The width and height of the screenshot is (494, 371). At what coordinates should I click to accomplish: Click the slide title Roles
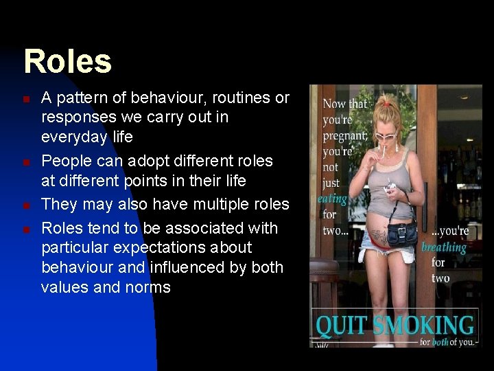tap(67, 61)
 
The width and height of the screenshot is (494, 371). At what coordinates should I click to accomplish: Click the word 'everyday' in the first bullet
tap(71, 137)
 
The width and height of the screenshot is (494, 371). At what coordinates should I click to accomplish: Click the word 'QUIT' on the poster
tap(340, 325)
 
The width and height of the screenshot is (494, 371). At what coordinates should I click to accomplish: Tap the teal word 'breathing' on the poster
tap(444, 247)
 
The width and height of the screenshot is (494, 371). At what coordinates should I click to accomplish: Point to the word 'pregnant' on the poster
tap(344, 135)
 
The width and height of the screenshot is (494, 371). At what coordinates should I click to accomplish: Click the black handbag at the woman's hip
tap(402, 233)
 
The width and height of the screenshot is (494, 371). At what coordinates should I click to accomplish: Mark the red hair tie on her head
tap(387, 103)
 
